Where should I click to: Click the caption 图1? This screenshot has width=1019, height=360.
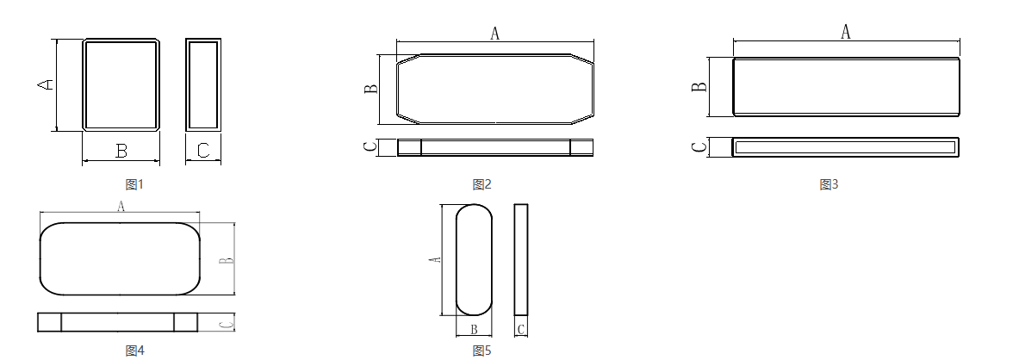(x=134, y=184)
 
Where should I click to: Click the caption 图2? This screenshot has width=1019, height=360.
(x=482, y=184)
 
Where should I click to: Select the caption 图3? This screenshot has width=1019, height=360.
(x=829, y=184)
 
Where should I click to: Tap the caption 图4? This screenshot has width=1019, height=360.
(x=134, y=351)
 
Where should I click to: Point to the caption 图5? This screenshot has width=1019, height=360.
(x=482, y=351)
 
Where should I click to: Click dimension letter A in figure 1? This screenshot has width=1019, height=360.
(x=45, y=84)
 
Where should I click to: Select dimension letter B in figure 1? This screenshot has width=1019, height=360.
(x=121, y=152)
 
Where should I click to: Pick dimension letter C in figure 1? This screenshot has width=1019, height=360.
(x=203, y=151)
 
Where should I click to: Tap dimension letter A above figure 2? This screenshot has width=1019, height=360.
(x=494, y=33)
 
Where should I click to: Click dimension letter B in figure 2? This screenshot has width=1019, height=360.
(x=371, y=89)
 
